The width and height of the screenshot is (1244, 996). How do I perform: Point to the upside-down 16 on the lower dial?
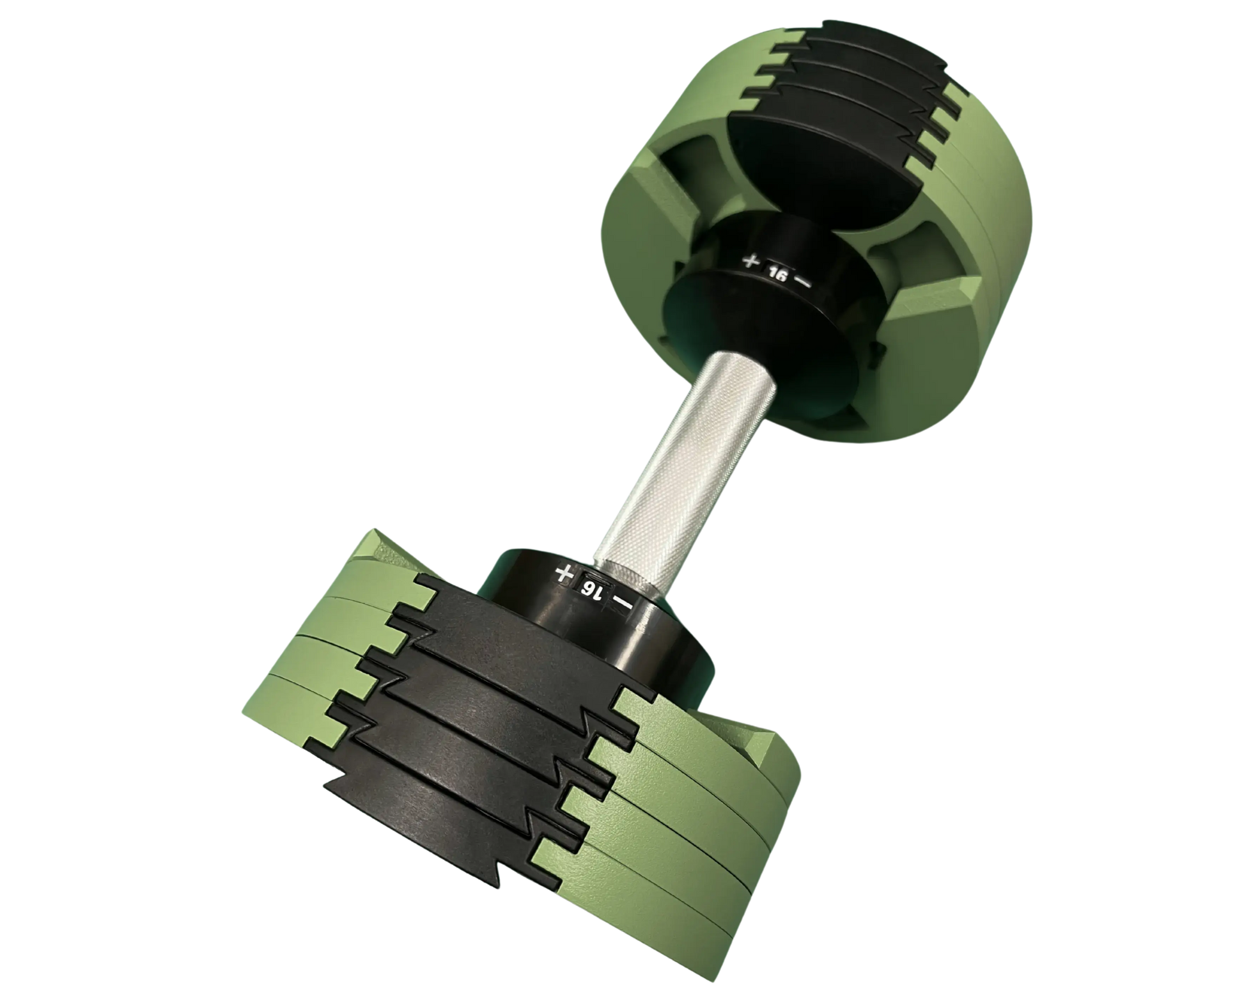coord(589,589)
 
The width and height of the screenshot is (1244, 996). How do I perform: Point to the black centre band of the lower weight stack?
coord(486,736)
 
